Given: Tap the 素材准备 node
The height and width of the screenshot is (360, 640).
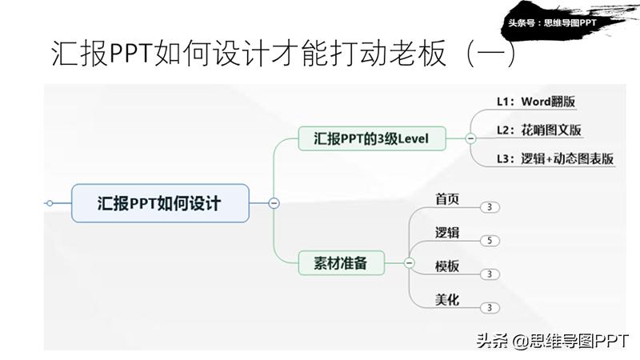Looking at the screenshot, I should click(341, 262).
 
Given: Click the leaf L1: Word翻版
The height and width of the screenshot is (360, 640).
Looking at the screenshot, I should click(536, 102).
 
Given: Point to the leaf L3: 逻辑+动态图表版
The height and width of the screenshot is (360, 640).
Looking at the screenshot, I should click(555, 158).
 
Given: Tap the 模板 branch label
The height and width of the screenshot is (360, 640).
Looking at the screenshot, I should click(447, 266).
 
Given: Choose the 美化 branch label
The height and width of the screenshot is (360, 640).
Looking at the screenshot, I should click(447, 299).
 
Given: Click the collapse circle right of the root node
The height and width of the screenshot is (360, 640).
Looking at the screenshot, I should click(274, 203).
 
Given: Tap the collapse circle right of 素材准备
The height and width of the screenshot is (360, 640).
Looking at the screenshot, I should click(409, 262).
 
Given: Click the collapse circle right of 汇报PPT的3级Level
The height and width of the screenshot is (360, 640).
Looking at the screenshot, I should click(471, 138).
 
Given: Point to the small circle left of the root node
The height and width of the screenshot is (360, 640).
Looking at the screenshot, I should click(50, 203).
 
